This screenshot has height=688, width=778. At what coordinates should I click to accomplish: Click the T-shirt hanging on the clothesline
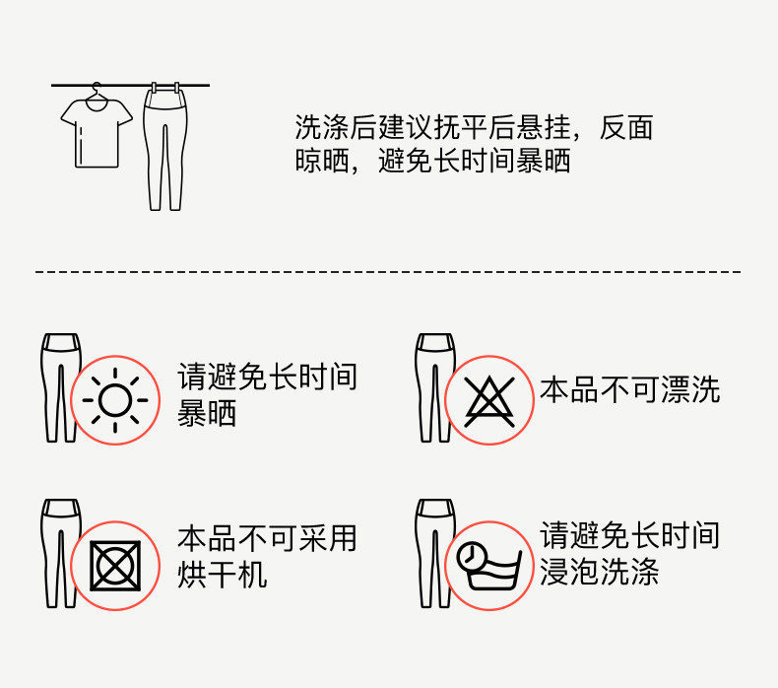pos(97,133)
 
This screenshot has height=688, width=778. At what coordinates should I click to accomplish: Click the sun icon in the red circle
pos(115,400)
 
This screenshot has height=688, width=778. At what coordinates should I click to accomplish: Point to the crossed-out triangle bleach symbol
pos(489,402)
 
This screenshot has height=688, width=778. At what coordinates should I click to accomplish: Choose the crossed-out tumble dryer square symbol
pos(115,566)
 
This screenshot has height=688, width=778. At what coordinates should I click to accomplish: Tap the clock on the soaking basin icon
pos(472,556)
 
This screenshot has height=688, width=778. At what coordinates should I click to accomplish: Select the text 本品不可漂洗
pos(629,389)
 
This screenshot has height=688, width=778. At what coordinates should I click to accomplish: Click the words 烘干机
pos(223,575)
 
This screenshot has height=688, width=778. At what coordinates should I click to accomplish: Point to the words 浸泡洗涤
pos(600,572)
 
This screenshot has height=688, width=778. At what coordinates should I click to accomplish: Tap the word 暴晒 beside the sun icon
pos(207,413)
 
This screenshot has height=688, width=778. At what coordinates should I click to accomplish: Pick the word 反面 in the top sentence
pos(626,127)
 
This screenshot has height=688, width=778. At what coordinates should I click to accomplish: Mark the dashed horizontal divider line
pos(388,272)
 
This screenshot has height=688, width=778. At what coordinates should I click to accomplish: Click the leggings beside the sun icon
pos(60,388)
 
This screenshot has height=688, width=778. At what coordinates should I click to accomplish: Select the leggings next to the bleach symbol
pos(434,388)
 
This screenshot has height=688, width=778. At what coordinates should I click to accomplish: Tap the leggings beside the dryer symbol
pos(60,553)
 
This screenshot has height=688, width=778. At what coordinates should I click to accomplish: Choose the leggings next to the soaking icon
pos(434,553)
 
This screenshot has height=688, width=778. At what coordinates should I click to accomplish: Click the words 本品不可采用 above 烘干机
pos(267,538)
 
